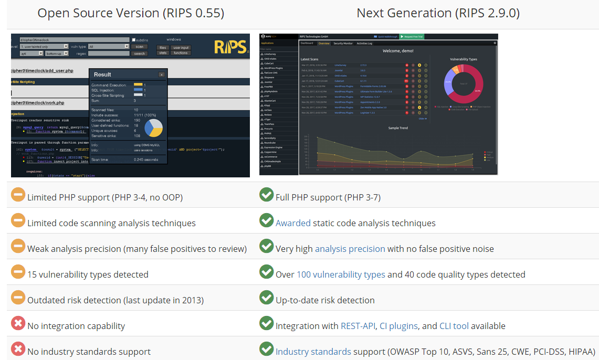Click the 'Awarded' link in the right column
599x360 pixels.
click(x=293, y=223)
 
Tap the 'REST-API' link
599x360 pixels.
click(x=358, y=326)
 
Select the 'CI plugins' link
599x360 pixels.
click(x=398, y=326)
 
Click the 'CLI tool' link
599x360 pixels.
click(x=454, y=326)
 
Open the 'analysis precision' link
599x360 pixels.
click(x=350, y=249)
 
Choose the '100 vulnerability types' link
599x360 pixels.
click(x=341, y=274)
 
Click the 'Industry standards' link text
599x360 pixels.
click(x=313, y=352)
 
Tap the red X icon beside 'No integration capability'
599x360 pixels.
click(x=18, y=323)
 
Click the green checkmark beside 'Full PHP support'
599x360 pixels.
click(x=266, y=195)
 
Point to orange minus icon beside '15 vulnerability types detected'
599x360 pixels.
click(x=18, y=272)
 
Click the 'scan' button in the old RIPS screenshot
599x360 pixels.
click(x=140, y=47)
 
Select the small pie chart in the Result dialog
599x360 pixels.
click(x=153, y=128)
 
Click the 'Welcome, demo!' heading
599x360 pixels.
click(x=398, y=51)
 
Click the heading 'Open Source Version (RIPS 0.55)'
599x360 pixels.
click(x=131, y=13)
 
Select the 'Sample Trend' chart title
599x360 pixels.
click(x=397, y=128)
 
